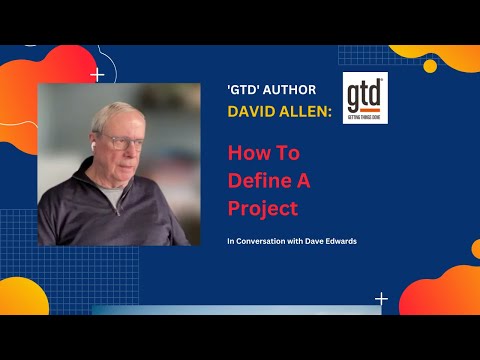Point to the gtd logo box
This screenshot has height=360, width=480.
click(365, 98)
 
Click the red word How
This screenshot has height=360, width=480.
click(249, 154)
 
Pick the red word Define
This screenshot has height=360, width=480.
click(257, 182)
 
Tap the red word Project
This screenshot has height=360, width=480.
click(263, 210)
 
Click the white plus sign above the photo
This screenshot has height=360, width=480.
click(97, 74)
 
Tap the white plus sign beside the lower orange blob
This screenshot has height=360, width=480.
click(381, 298)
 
